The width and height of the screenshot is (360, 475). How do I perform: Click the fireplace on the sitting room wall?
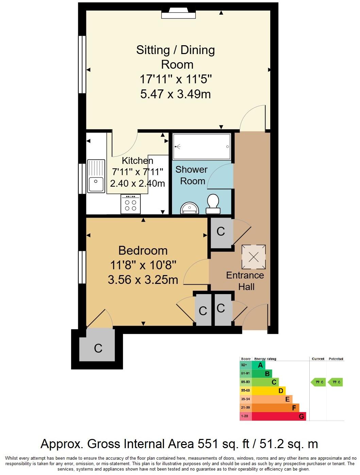pyautogui.click(x=178, y=14)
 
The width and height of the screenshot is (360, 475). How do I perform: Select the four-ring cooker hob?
pyautogui.click(x=131, y=204)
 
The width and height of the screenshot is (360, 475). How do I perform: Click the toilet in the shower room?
pyautogui.click(x=213, y=204)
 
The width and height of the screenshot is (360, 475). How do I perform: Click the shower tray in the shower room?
pyautogui.click(x=202, y=147)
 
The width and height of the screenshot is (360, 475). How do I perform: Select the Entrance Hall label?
pyautogui.click(x=245, y=281)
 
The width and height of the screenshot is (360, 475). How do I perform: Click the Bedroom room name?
pyautogui.click(x=143, y=251)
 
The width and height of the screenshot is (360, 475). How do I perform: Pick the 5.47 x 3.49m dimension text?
pyautogui.click(x=175, y=94)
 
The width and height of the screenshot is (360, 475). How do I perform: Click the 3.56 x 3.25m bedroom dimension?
pyautogui.click(x=143, y=280)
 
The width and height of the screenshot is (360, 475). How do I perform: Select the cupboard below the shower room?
pyautogui.click(x=221, y=232)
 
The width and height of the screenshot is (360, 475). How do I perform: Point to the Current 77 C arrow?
pyautogui.click(x=318, y=382)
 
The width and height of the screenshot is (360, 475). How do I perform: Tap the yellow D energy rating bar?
pyautogui.click(x=268, y=391)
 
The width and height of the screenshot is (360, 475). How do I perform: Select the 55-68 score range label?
pyautogui.click(x=245, y=391)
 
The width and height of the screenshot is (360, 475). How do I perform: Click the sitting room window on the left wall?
pyautogui.click(x=82, y=65)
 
